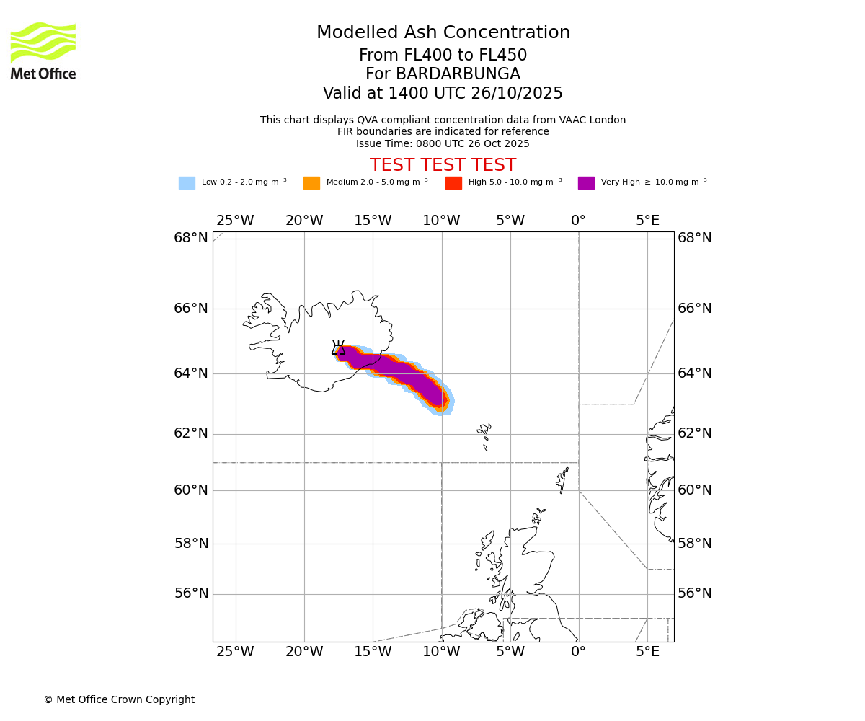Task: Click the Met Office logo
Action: [x=43, y=50]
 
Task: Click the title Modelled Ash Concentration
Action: [x=443, y=33]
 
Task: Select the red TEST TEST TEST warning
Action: [x=443, y=166]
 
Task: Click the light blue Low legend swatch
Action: [x=187, y=183]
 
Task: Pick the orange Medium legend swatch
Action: [x=311, y=183]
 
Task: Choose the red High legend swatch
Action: [x=453, y=183]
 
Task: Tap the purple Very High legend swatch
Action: [x=586, y=183]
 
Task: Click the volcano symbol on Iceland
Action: [x=338, y=348]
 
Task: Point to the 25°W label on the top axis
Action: [x=235, y=221]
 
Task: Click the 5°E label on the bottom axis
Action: [x=647, y=653]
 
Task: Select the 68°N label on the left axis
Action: [x=191, y=238]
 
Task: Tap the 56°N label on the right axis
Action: [x=695, y=593]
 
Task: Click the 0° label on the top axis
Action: [x=578, y=221]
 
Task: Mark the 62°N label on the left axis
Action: [x=191, y=433]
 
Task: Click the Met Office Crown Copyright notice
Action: [x=119, y=700]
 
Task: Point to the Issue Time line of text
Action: [x=443, y=144]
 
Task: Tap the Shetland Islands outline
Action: [x=562, y=479]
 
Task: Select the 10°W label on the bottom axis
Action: [x=441, y=653]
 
